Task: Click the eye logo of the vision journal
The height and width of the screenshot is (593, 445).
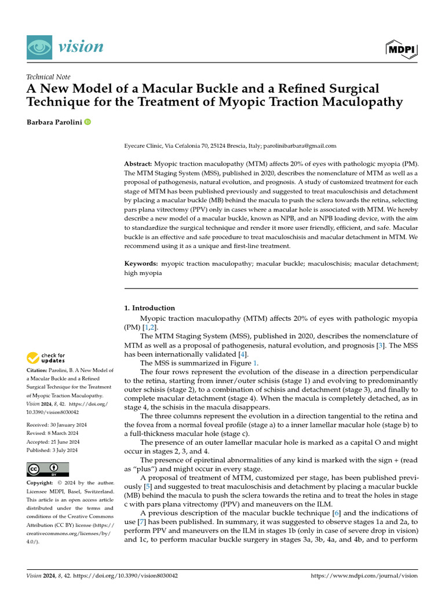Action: pos(38,46)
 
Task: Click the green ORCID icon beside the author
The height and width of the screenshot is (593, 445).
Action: pos(87,122)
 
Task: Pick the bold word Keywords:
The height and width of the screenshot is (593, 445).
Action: pos(142,263)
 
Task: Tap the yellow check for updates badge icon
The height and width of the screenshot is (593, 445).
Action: pos(34,358)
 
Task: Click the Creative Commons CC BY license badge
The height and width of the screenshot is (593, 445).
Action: pos(48,469)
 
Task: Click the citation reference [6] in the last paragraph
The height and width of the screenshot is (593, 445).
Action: pos(336,513)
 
